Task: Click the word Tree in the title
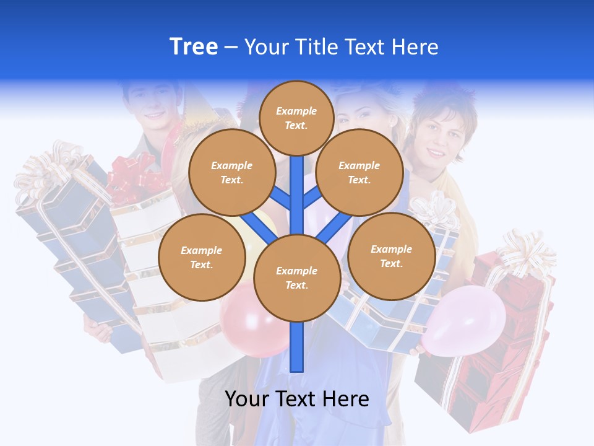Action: point(194,46)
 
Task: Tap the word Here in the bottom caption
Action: point(345,399)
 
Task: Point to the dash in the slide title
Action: point(231,47)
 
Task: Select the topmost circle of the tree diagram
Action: point(296,118)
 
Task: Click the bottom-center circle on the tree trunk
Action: point(297,278)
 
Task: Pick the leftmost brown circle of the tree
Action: point(202,258)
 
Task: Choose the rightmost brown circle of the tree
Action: point(391,256)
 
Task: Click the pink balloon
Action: point(466,323)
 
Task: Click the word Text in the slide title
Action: point(368,47)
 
